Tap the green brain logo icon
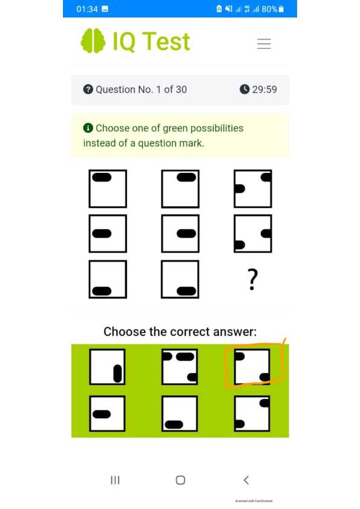[x=94, y=41]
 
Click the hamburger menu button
[x=264, y=44]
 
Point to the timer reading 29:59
[x=264, y=89]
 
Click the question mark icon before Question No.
[x=88, y=89]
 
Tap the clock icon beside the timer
[x=244, y=89]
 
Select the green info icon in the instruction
[x=88, y=128]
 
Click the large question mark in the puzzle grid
[x=253, y=280]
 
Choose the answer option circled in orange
[x=252, y=366]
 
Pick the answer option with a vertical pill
[x=108, y=367]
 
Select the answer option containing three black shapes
[x=180, y=367]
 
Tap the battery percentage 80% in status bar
[x=270, y=9]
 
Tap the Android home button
[x=180, y=480]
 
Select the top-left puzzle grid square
[x=108, y=189]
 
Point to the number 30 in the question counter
[x=180, y=89]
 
